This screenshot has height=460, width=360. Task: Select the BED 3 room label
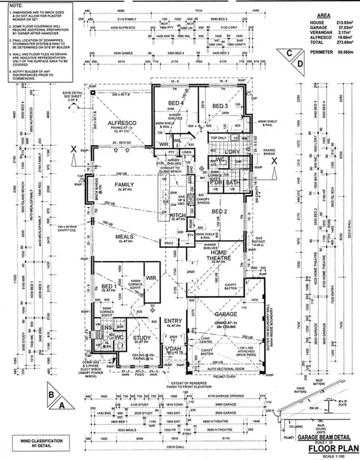[x=218, y=106]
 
